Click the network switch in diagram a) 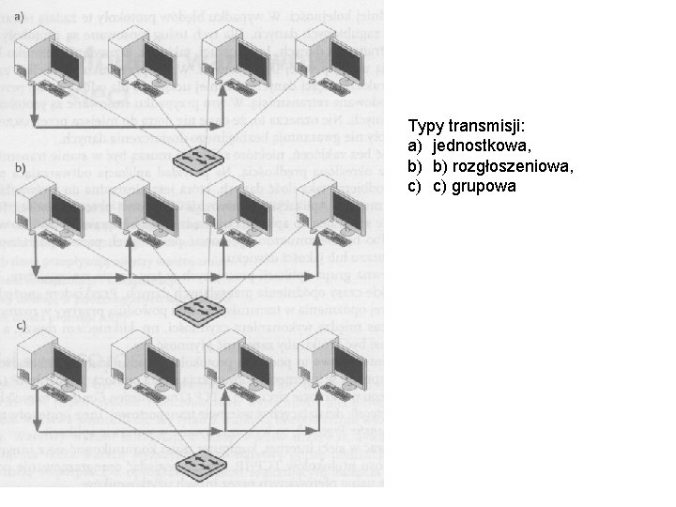click(199, 161)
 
